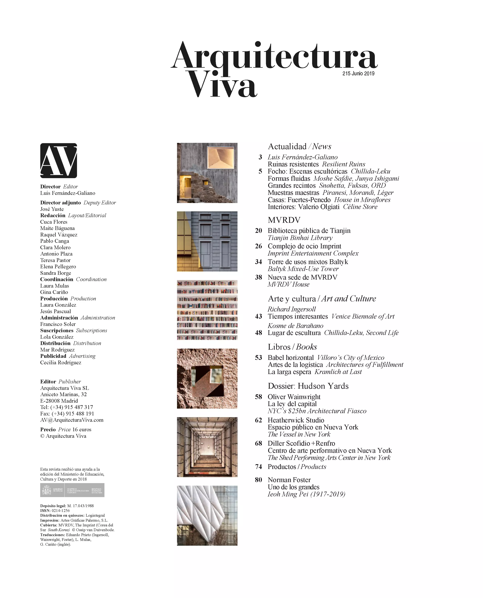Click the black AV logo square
(x=58, y=161)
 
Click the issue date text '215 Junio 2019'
(x=358, y=73)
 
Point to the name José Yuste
(x=52, y=209)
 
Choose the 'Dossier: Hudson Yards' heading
(x=308, y=386)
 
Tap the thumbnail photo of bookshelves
(x=207, y=310)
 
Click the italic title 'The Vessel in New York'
(x=299, y=434)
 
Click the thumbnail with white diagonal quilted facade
(x=207, y=516)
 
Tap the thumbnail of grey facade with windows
(x=207, y=241)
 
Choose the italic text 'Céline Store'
(x=360, y=207)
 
